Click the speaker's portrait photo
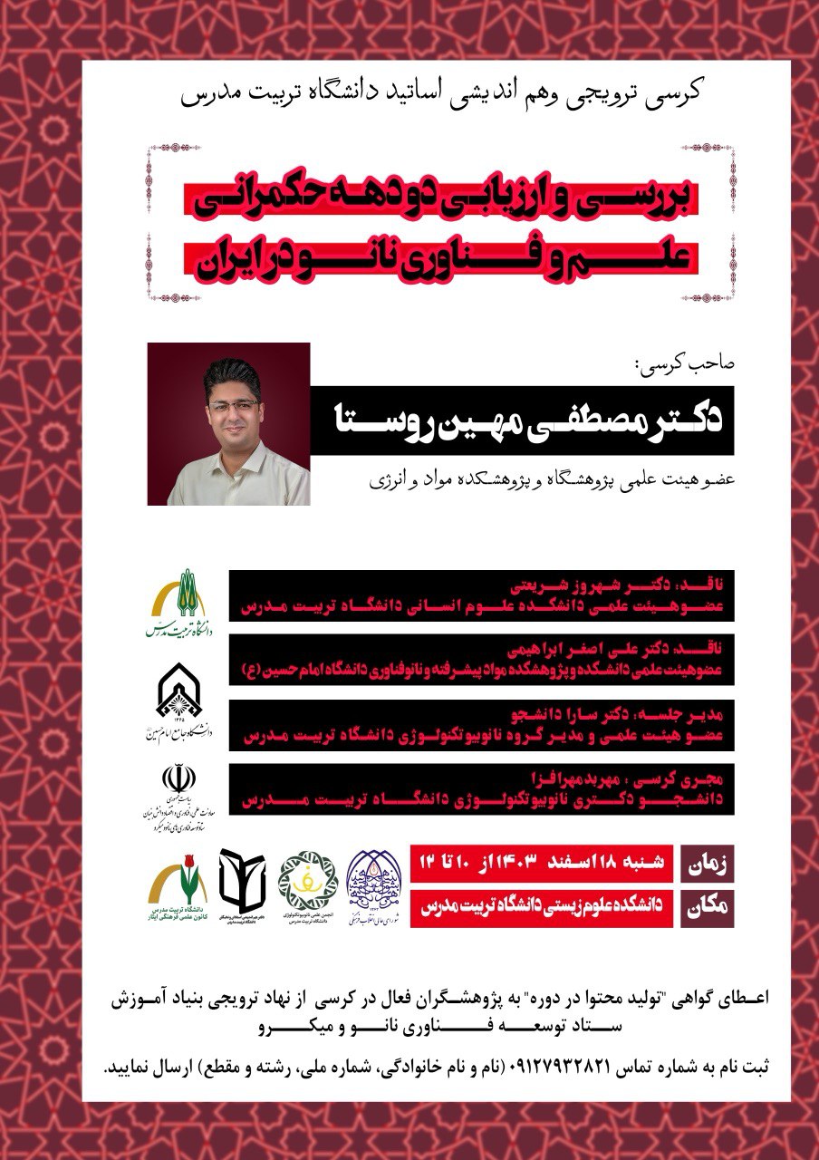pyautogui.click(x=228, y=423)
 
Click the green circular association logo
pyautogui.click(x=306, y=877)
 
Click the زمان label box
pyautogui.click(x=707, y=864)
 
